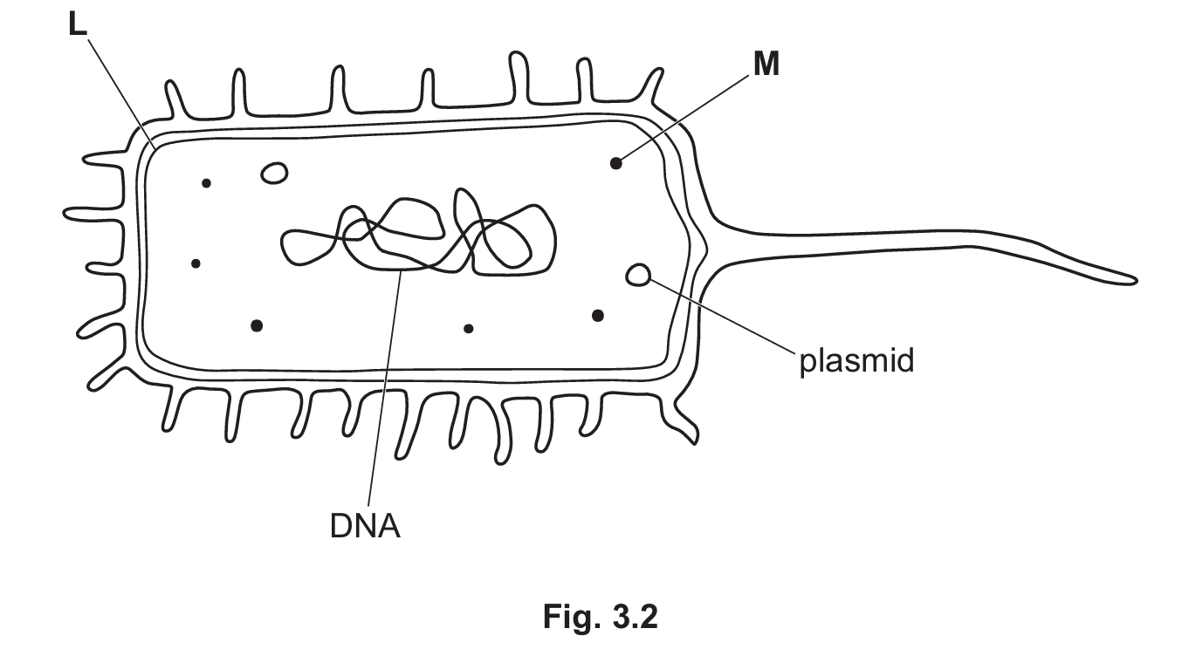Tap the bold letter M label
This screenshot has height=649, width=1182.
(x=766, y=65)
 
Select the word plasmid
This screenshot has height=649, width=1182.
(x=856, y=359)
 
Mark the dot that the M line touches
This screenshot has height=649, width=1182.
(x=616, y=162)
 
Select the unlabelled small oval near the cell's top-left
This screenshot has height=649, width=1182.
(x=275, y=173)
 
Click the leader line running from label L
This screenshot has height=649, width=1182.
(x=118, y=87)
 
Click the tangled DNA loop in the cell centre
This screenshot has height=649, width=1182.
(x=419, y=236)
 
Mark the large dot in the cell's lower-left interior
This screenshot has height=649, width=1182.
(x=256, y=325)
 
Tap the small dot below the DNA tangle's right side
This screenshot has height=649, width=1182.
(x=469, y=329)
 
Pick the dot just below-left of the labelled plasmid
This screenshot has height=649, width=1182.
(x=598, y=315)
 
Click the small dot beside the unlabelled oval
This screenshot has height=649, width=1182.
(x=206, y=183)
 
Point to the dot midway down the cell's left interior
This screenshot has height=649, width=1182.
(x=196, y=263)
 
